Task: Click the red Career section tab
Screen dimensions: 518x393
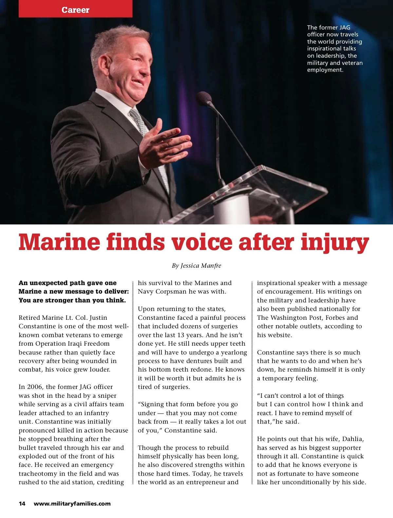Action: coord(75,10)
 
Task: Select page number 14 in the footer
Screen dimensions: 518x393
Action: coord(22,504)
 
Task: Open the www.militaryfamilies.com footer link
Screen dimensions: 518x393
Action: coord(72,504)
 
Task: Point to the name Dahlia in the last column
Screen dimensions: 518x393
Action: coord(353,439)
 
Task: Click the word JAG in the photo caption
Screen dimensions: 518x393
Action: coord(345,28)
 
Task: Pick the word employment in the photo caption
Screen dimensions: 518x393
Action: coord(325,70)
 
